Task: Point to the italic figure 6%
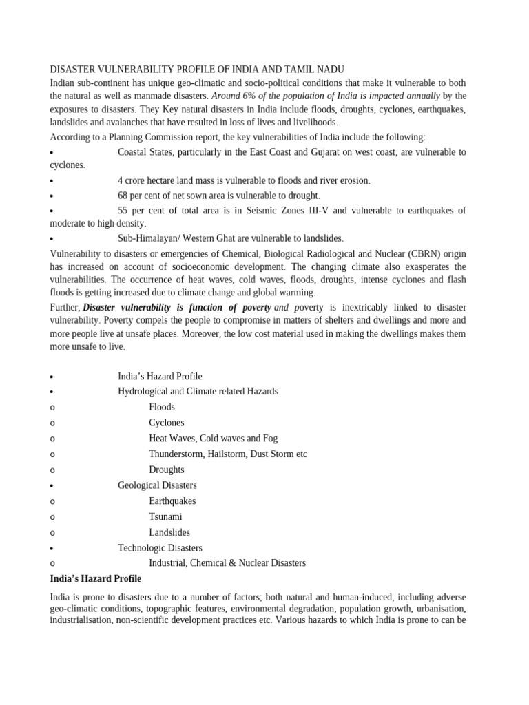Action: [x=250, y=96]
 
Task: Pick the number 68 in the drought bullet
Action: [x=123, y=196]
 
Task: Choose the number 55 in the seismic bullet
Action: [x=123, y=210]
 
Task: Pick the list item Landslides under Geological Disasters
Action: [x=169, y=532]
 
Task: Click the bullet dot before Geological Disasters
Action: [x=52, y=486]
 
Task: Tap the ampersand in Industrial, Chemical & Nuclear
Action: [x=236, y=563]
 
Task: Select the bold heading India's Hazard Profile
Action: [x=96, y=578]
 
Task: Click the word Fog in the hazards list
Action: [x=270, y=438]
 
